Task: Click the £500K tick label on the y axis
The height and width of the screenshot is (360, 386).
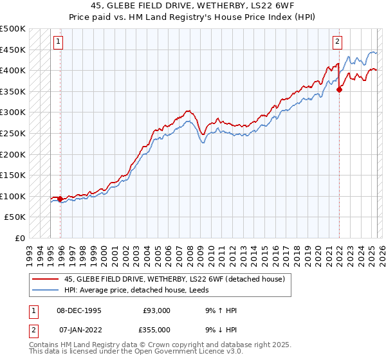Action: (13, 29)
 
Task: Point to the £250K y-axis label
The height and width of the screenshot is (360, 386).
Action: (13, 133)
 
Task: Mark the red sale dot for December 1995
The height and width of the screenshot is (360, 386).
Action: (60, 199)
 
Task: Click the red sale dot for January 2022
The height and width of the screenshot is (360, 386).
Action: (339, 89)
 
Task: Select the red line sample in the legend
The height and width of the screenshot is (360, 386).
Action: (45, 278)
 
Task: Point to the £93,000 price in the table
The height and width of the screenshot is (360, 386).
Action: (156, 310)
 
